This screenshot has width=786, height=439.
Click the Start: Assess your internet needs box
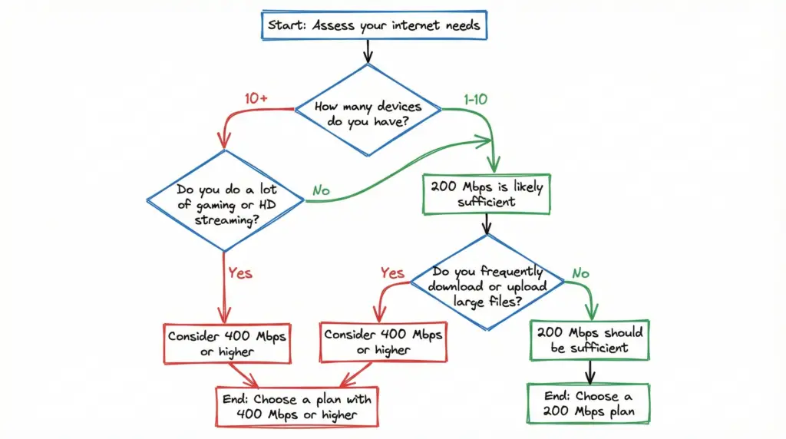[x=374, y=25]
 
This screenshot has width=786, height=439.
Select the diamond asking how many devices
[x=368, y=113]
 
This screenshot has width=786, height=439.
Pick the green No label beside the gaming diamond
[x=322, y=189]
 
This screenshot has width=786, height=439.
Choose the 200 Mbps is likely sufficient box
[x=486, y=194]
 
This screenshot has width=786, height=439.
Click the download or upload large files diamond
[x=489, y=285]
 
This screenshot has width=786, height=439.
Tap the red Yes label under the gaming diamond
[x=240, y=272]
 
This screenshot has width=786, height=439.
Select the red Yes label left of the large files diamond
[x=392, y=272]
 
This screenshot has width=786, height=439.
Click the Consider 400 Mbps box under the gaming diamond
[x=229, y=342]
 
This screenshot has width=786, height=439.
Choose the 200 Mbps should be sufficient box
[x=589, y=340]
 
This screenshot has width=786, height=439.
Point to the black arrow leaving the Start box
[x=368, y=50]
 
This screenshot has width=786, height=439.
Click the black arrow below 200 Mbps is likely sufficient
[x=486, y=224]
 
